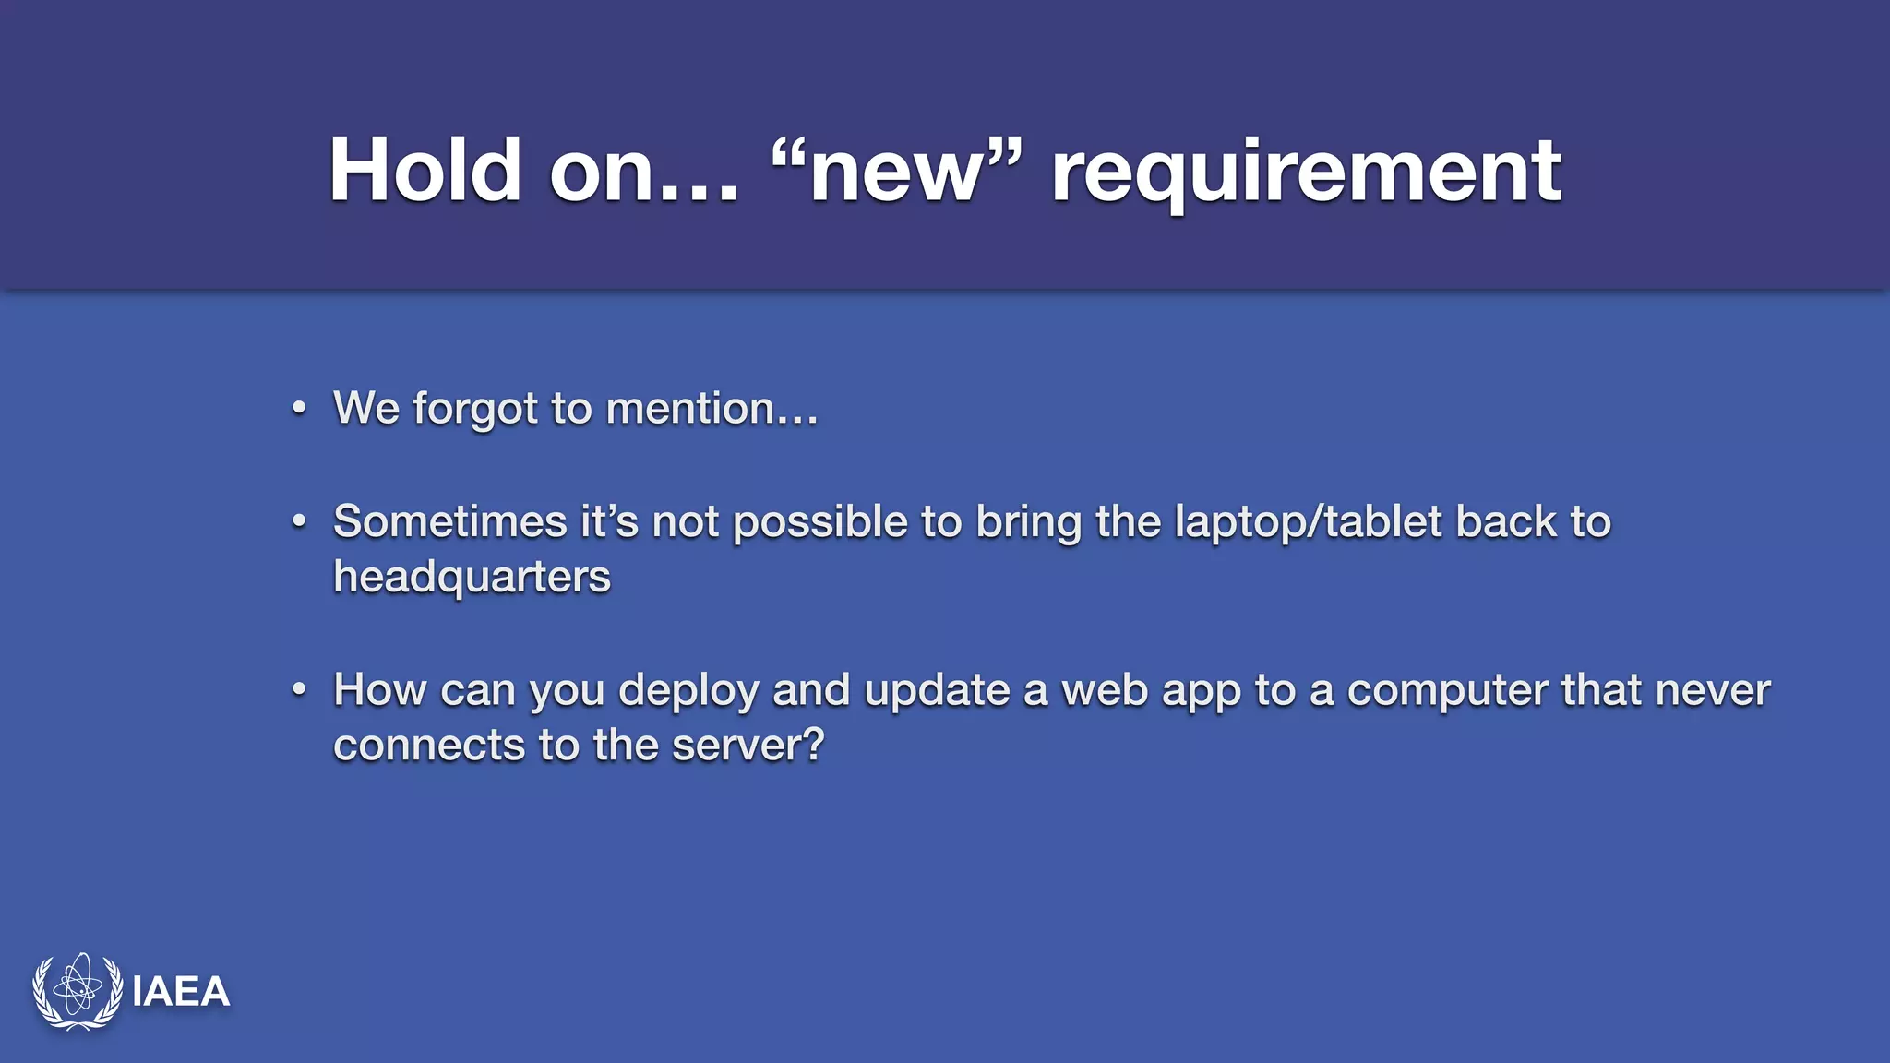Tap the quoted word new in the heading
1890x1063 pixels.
pyautogui.click(x=895, y=172)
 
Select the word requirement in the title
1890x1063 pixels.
pyautogui.click(x=1306, y=172)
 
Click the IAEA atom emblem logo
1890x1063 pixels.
pyautogui.click(x=78, y=991)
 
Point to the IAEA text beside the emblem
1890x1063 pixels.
pyautogui.click(x=181, y=992)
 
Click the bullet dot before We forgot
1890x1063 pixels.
pyautogui.click(x=298, y=408)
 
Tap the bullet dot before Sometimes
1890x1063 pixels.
pyautogui.click(x=298, y=521)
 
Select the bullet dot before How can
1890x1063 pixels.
pyautogui.click(x=298, y=689)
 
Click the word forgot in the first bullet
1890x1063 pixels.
pyautogui.click(x=474, y=408)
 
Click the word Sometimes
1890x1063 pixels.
pyautogui.click(x=449, y=521)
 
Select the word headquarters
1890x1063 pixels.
pyautogui.click(x=472, y=578)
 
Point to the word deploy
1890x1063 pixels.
pyautogui.click(x=688, y=691)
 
